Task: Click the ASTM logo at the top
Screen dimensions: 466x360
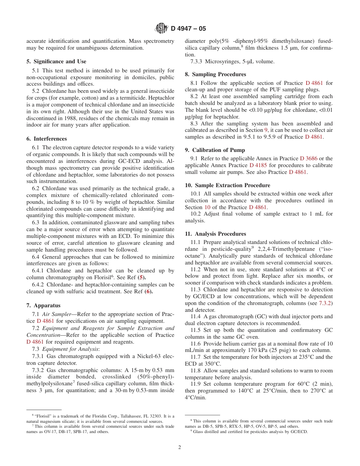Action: (162, 28)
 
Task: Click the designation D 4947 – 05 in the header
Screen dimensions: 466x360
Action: (188, 28)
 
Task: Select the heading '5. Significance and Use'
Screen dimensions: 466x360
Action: (56, 61)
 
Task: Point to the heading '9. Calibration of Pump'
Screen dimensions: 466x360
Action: (215, 150)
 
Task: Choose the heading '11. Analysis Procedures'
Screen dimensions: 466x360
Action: (215, 234)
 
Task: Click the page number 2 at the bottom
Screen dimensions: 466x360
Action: (180, 447)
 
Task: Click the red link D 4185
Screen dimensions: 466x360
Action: (257, 165)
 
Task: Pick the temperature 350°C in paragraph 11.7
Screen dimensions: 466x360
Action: (210, 364)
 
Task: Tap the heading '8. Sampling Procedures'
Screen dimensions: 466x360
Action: (215, 74)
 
